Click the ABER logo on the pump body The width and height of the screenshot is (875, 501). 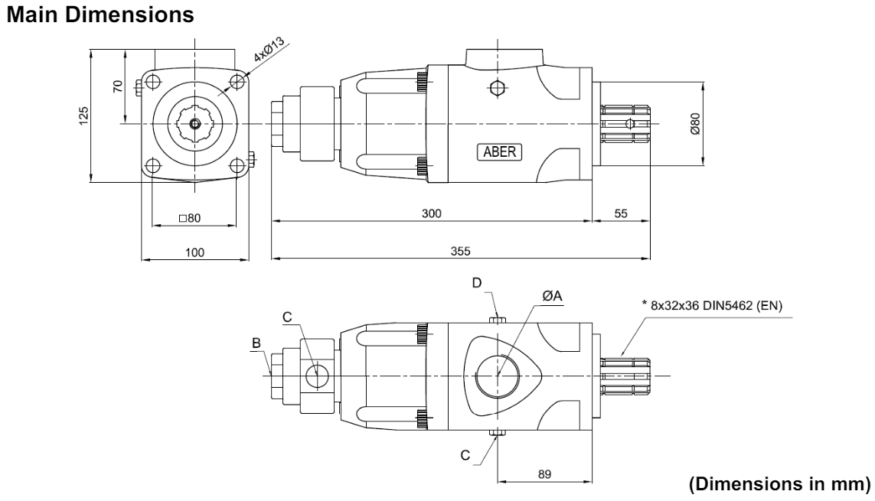(499, 152)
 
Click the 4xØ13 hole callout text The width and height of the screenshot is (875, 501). (269, 49)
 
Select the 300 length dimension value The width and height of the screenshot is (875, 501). (431, 213)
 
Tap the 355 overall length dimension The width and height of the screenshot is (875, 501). (460, 252)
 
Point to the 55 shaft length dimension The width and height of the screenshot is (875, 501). (621, 213)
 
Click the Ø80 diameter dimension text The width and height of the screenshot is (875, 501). (695, 124)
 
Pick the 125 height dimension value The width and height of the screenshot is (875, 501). (83, 116)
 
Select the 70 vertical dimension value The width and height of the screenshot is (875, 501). (118, 86)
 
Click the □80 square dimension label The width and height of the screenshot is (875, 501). (190, 218)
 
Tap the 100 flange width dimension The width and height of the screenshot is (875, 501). (194, 252)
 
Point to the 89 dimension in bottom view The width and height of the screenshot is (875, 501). (544, 474)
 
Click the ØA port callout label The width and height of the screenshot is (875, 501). (552, 296)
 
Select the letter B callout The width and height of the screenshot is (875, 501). (256, 343)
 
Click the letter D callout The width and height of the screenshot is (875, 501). (477, 283)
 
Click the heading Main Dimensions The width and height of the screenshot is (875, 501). (100, 15)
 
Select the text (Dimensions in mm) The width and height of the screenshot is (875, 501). (779, 483)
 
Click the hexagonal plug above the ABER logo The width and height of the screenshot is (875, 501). (497, 87)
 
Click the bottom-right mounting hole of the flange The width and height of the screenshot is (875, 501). (238, 165)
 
